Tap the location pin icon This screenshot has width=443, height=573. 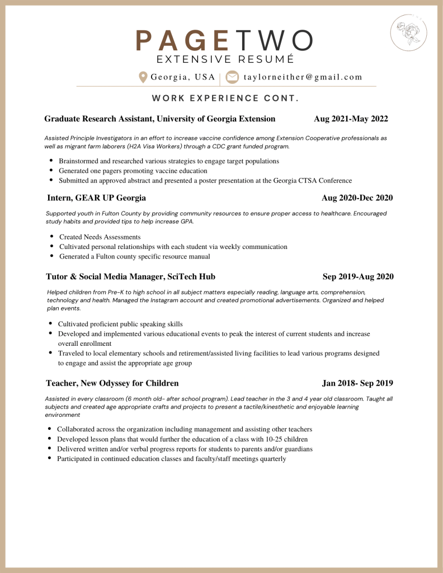143,77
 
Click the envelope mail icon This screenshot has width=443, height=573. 232,77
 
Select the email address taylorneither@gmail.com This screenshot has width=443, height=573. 303,77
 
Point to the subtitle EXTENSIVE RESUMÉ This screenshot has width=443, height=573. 225,59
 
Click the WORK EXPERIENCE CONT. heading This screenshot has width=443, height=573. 225,98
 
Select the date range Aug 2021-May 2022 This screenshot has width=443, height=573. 351,119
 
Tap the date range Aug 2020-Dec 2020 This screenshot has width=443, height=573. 357,198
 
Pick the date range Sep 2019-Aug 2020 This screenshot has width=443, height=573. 358,276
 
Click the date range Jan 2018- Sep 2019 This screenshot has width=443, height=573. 357,383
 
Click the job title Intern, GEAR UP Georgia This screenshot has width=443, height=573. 96,198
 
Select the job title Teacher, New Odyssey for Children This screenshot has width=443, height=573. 112,383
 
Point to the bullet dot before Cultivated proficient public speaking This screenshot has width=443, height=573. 51,323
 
